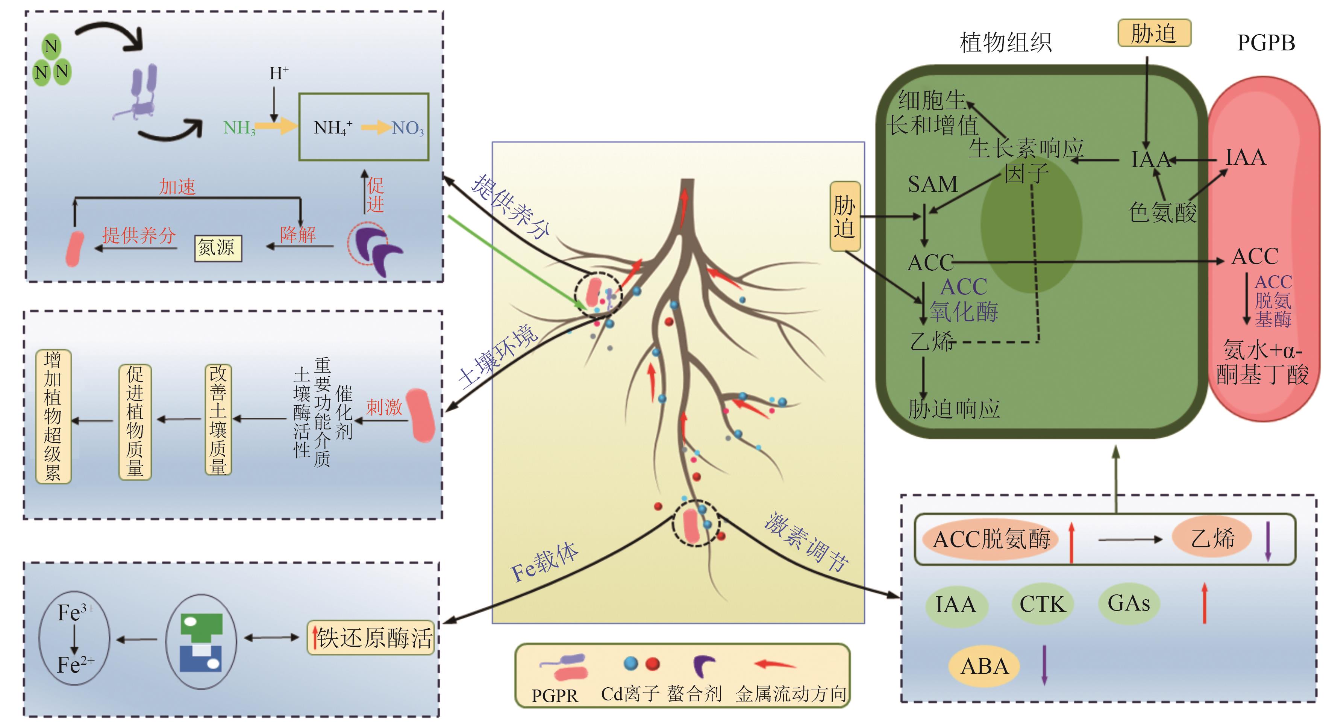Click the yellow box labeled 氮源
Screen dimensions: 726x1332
pyautogui.click(x=218, y=248)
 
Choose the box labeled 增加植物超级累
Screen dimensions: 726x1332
pyautogui.click(x=53, y=416)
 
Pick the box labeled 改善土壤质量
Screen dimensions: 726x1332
pyautogui.click(x=218, y=419)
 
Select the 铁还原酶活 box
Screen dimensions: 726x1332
pyautogui.click(x=371, y=638)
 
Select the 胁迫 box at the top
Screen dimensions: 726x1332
pyautogui.click(x=1154, y=33)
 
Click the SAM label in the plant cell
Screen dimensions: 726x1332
pyautogui.click(x=933, y=185)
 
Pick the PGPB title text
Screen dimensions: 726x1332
pyautogui.click(x=1266, y=43)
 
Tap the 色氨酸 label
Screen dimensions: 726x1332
pyautogui.click(x=1162, y=212)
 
